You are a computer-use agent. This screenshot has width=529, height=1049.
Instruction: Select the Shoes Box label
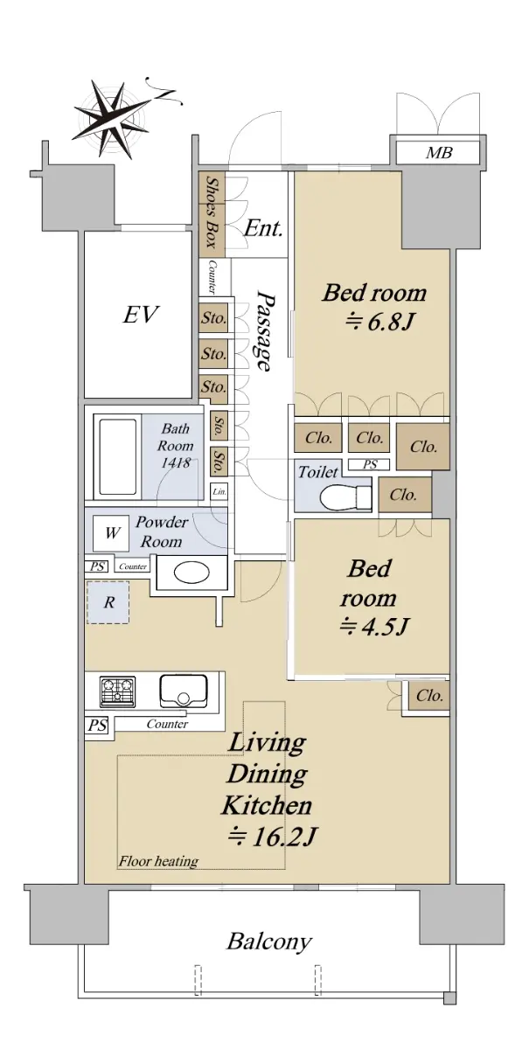[212, 213]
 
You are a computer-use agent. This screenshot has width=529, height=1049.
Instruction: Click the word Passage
[263, 330]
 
